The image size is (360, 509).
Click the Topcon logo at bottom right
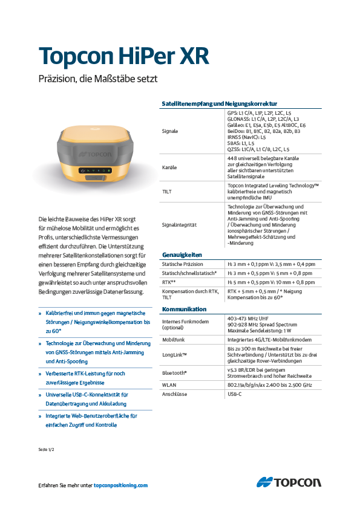click(x=289, y=482)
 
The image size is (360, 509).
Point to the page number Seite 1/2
click(x=47, y=450)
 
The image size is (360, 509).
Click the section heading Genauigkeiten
click(x=182, y=254)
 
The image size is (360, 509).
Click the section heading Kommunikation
click(x=185, y=309)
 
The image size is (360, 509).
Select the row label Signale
click(x=170, y=131)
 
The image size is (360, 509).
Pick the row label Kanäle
click(x=169, y=167)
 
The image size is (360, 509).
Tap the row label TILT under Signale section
click(x=167, y=191)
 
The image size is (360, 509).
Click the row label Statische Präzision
click(x=183, y=264)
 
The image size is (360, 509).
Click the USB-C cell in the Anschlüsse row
click(x=235, y=394)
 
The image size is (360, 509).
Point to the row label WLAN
click(x=169, y=385)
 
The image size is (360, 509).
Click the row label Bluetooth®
click(x=174, y=372)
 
